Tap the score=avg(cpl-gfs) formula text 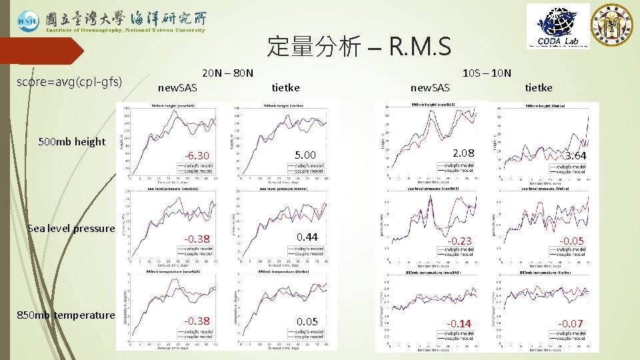click(x=69, y=82)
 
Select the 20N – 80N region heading click(x=227, y=72)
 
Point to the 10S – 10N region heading click(x=487, y=72)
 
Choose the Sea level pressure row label click(x=71, y=228)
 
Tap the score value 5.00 click(x=307, y=155)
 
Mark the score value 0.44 click(x=307, y=237)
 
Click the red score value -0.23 click(x=459, y=241)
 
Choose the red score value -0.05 click(x=572, y=241)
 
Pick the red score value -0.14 click(x=459, y=324)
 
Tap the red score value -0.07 click(x=572, y=324)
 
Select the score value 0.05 click(x=307, y=321)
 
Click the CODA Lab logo click(x=558, y=26)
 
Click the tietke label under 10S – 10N click(x=539, y=87)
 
